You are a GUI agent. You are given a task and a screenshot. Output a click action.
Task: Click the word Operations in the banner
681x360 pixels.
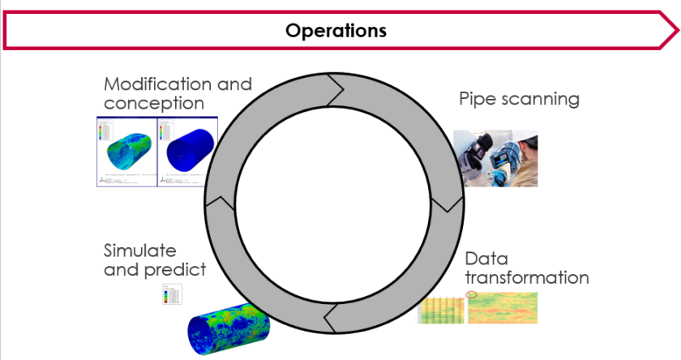coord(336,31)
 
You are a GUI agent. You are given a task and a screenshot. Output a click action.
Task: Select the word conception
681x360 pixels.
coord(153,104)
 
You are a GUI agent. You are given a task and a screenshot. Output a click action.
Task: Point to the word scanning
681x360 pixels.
coord(541,100)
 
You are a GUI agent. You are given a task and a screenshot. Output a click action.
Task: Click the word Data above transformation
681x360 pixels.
coord(486,259)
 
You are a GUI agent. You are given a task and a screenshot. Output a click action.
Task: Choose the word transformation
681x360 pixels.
coord(526,278)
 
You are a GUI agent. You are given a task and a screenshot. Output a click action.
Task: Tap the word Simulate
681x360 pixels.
coord(139,251)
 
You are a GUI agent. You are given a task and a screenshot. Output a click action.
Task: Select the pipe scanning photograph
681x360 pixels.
coord(495,159)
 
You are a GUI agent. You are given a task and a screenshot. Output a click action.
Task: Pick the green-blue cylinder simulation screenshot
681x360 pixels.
coord(126,152)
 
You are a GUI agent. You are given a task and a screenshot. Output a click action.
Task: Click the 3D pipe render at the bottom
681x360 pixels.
coord(231,329)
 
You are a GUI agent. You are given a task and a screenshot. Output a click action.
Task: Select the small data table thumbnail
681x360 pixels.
coord(441,309)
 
